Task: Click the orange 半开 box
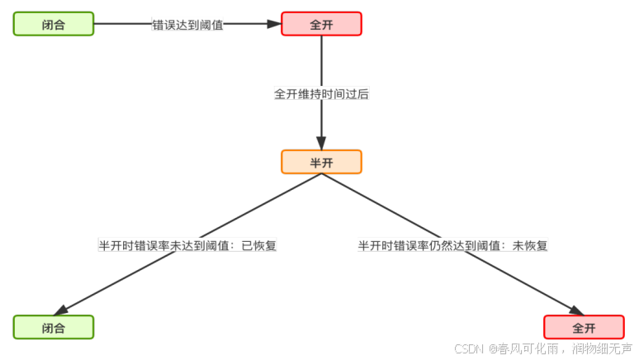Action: point(321,162)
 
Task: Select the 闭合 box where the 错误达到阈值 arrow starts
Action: point(54,24)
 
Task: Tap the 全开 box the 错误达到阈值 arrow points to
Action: point(321,24)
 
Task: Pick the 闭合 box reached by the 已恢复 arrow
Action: point(54,327)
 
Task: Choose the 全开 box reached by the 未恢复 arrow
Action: point(584,327)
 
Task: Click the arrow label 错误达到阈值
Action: point(187,25)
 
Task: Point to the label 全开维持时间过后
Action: point(321,94)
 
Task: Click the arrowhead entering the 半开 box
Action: point(321,143)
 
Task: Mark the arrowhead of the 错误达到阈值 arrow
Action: point(274,24)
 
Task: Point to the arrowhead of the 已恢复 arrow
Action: point(60,311)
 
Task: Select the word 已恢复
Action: point(259,245)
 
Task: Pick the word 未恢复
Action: point(531,245)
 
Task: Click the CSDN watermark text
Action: point(468,349)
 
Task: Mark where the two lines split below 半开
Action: point(321,174)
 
